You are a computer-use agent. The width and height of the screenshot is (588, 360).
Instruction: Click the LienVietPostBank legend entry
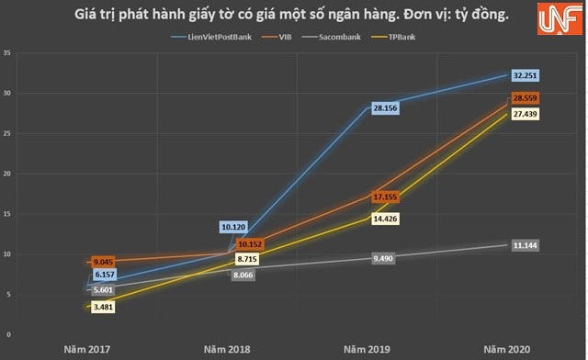(x=217, y=37)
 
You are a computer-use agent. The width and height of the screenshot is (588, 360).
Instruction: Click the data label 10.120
(x=236, y=226)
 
